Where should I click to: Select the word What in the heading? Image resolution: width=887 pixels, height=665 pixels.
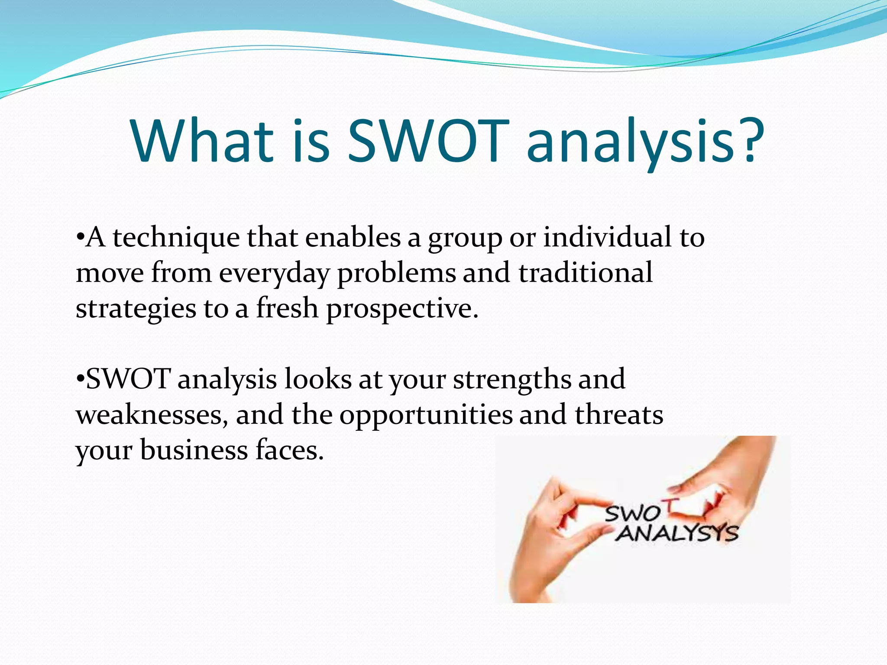pyautogui.click(x=203, y=141)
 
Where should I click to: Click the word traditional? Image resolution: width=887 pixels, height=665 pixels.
pyautogui.click(x=585, y=273)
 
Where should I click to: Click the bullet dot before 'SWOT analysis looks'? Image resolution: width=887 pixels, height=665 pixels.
pyautogui.click(x=79, y=379)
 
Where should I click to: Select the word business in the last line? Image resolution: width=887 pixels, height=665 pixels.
pyautogui.click(x=194, y=450)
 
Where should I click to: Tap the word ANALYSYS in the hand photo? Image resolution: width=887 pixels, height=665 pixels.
pyautogui.click(x=677, y=533)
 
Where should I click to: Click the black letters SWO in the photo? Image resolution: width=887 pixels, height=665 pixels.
pyautogui.click(x=632, y=514)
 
